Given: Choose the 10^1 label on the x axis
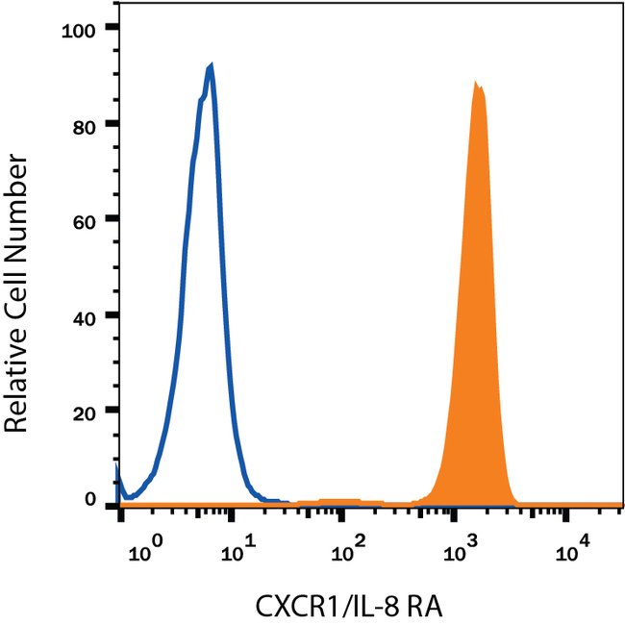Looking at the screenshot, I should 237,552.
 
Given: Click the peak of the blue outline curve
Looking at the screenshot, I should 210,65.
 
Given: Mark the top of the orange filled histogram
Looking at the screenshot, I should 476,84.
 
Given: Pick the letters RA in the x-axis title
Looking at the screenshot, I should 420,605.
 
